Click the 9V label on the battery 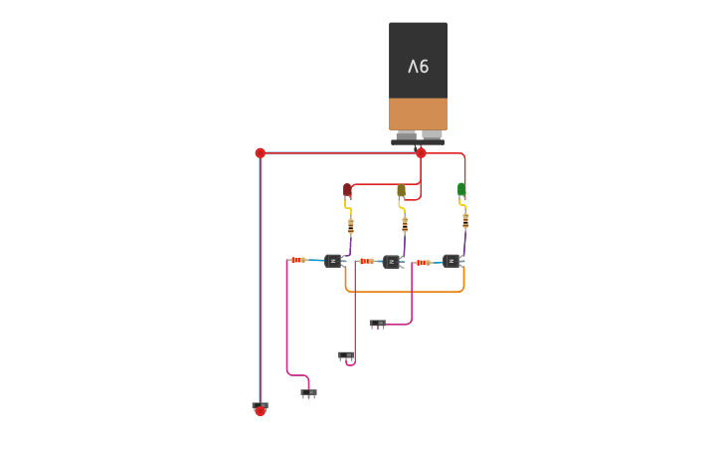coord(418,67)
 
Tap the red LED coord(347,189)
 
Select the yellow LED coord(401,189)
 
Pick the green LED coord(461,188)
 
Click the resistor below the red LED coord(350,226)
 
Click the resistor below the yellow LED coord(405,224)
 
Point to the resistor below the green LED coord(464,220)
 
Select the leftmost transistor coord(333,261)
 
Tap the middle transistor coord(392,262)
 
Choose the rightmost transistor coord(451,261)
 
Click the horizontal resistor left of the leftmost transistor coord(297,260)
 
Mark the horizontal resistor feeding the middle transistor coord(366,261)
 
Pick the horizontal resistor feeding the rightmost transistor coord(423,263)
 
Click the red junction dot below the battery coord(421,153)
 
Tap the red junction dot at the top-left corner coord(260,153)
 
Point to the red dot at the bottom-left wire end coord(260,410)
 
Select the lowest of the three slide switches coord(308,393)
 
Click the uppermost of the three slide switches coord(377,324)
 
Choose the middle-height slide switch coord(345,355)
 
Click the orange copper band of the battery coord(418,113)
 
